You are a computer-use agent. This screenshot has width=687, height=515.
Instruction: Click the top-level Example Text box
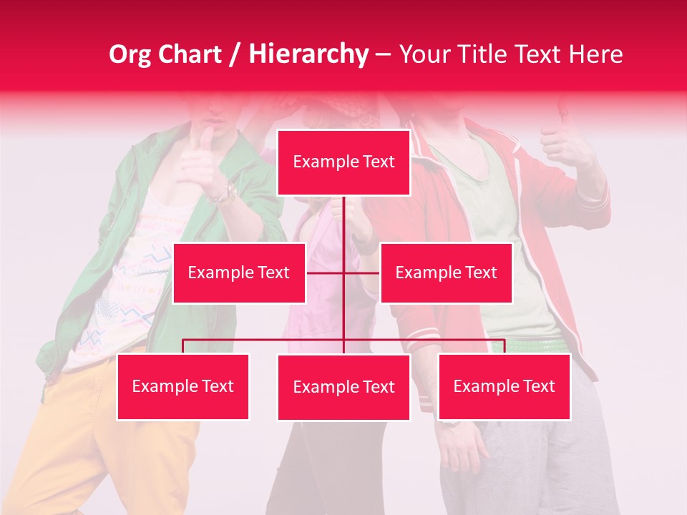(343, 162)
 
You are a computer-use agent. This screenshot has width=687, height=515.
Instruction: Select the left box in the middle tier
(239, 273)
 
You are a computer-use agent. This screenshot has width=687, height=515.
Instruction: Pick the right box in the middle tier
(446, 273)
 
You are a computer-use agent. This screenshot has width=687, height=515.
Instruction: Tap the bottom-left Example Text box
(183, 387)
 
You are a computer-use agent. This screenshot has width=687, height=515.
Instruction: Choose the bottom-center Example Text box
(343, 388)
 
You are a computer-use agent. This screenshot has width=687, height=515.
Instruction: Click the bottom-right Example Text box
(504, 387)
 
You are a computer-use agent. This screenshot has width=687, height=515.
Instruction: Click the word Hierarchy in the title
(308, 54)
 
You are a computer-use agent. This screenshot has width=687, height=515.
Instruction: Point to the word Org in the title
(131, 54)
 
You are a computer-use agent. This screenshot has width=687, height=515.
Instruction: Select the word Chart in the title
(190, 54)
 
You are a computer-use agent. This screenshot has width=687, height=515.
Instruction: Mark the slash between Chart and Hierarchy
(235, 54)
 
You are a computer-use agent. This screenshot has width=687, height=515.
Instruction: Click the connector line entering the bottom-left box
(183, 346)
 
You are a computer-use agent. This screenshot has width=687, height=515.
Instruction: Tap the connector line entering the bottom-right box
(504, 346)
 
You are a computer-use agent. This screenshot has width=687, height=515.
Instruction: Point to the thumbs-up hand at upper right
(561, 139)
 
